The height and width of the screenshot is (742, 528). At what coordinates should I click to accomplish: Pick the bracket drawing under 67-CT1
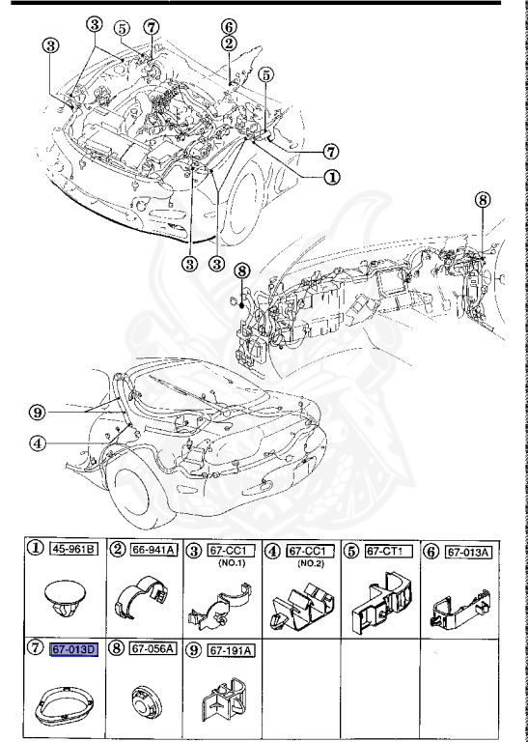(379, 604)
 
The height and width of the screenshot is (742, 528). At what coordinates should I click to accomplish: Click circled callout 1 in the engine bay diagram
(330, 178)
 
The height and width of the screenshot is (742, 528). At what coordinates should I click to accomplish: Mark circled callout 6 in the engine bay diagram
(229, 26)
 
